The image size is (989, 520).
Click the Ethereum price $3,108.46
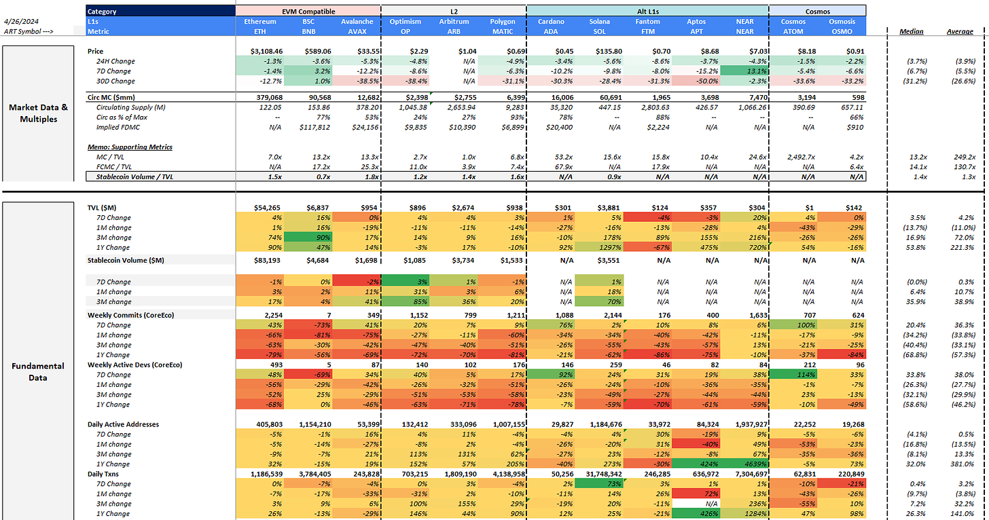point(266,51)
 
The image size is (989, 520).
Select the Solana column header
point(599,21)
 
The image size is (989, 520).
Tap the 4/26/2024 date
point(21,21)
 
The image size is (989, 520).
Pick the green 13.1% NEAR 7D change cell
point(744,71)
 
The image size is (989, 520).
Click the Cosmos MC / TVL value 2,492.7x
point(801,157)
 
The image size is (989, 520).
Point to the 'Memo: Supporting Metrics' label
point(130,147)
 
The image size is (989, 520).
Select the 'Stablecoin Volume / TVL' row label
point(134,177)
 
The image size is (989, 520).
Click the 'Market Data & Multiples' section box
point(38,113)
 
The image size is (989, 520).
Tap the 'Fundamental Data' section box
point(38,361)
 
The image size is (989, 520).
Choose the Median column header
point(912,31)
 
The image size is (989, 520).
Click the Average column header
point(960,31)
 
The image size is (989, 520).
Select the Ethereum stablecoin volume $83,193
point(267,260)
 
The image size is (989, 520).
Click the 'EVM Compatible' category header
point(308,12)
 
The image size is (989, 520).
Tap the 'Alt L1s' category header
point(648,12)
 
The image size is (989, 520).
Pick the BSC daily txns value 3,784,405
point(314,474)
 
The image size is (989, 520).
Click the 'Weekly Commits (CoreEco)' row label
point(130,315)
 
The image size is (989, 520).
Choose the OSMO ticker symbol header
point(842,31)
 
